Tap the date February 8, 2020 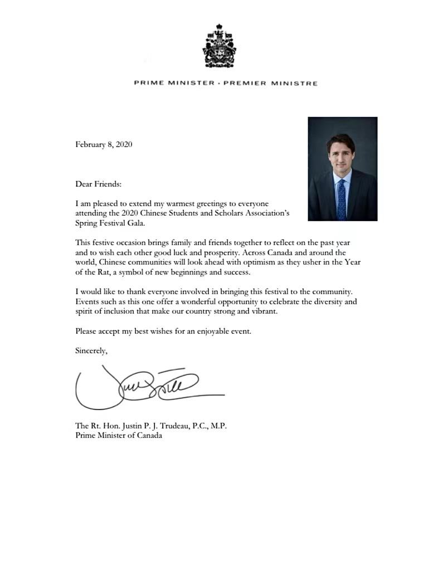click(104, 144)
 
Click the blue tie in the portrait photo click(342, 198)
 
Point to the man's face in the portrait click(342, 157)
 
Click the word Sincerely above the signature click(91, 350)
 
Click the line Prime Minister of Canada click(119, 436)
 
